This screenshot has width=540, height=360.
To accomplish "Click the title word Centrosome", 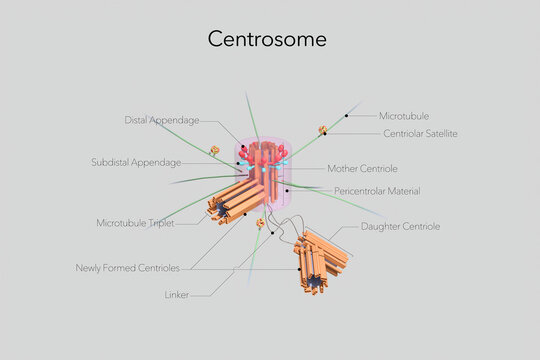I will point(267,39).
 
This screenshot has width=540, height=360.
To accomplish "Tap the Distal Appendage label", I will point(162,120).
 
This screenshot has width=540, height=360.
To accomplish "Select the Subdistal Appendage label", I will point(136,162).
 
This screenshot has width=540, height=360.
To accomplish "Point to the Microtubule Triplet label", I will point(135,223).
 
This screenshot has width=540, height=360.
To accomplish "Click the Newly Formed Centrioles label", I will point(127,268).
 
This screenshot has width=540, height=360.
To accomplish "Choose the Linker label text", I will point(176,295).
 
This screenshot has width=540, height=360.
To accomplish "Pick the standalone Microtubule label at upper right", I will point(404,116).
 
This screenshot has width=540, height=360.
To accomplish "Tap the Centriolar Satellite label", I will point(420,133).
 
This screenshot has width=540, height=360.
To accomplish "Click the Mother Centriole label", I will point(362,168).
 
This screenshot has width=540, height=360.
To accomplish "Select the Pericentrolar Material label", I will point(376,190).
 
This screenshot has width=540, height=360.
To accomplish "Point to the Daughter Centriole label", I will point(400,226).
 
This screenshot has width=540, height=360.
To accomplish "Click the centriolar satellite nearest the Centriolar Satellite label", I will point(323,130).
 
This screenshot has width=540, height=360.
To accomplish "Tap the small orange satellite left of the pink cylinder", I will point(213,151).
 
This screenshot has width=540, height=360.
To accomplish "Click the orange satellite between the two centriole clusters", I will point(260,223).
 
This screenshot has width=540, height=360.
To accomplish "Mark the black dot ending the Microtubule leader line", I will point(347,117).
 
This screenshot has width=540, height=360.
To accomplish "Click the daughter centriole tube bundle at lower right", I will point(322,261).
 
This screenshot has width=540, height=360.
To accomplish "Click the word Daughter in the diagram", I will point(381,226).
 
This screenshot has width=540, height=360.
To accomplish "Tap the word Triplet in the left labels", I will point(160,223).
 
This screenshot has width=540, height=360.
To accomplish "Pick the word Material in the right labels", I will point(401,190).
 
